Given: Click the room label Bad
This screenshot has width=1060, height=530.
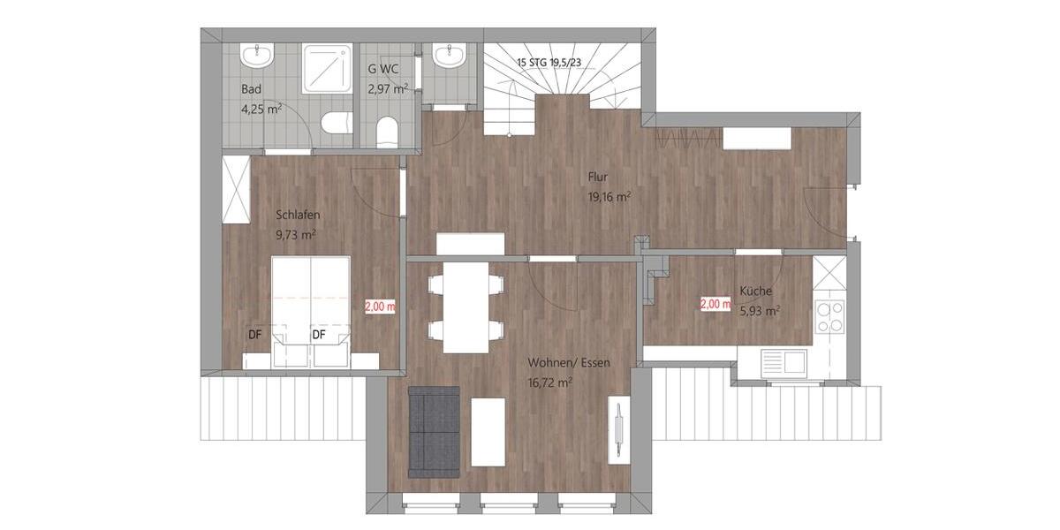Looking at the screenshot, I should pos(252,89).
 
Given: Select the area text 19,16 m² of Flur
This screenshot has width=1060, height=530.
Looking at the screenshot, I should pos(609,198).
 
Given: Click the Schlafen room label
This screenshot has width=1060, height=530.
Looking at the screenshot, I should pos(298,215).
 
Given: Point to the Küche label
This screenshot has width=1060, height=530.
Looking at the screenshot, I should pos(757,291).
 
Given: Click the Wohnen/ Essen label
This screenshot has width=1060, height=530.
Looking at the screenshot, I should pos(569,363).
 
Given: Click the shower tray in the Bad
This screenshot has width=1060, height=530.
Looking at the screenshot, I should pos(328,68).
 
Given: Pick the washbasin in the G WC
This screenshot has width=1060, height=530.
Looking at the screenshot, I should pos(450,57).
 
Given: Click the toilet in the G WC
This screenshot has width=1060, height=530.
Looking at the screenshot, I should pos(386,132).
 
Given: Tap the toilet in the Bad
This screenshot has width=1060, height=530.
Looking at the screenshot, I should pos(333,122).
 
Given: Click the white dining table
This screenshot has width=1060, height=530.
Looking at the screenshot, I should pos(466,305).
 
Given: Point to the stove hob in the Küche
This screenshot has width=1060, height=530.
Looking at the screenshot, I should pos(829,316).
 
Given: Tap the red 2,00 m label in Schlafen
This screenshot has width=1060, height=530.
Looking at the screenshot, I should pos(380,306).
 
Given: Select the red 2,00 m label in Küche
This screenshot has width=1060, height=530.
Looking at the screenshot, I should pos(715,303).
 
